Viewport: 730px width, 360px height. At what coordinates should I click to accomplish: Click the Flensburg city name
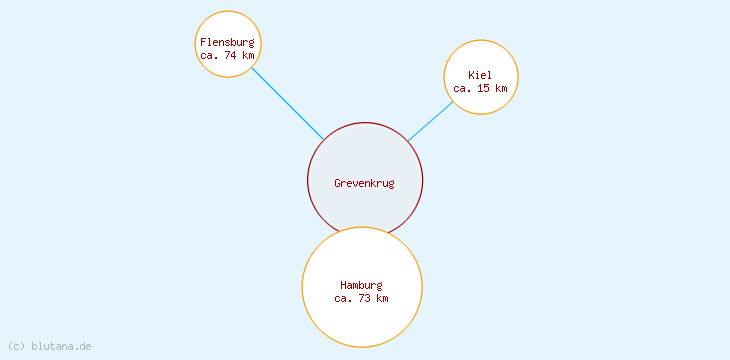[227, 42]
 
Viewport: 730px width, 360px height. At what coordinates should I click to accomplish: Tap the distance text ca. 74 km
[227, 55]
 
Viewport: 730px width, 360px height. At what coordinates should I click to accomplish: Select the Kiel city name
[480, 75]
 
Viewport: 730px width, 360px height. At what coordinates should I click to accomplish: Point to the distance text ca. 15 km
[480, 88]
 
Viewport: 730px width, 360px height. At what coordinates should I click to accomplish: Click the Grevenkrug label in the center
[364, 183]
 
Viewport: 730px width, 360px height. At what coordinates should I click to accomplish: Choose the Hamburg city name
[361, 285]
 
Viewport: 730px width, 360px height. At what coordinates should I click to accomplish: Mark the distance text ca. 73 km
[361, 298]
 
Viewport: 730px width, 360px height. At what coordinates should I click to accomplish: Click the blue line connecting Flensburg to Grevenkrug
[287, 103]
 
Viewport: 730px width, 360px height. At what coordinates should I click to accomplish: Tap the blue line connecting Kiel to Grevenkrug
[431, 120]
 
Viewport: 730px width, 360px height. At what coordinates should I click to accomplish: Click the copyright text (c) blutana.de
[50, 346]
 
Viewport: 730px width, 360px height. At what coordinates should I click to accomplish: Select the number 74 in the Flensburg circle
[230, 55]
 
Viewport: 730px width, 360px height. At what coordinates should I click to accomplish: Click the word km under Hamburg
[382, 298]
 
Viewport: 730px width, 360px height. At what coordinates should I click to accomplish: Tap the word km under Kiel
[501, 88]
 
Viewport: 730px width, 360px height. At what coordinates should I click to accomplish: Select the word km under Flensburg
[248, 55]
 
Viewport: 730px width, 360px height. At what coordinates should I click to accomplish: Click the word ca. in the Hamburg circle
[343, 298]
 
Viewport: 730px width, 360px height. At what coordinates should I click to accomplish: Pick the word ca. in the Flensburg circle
[209, 55]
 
